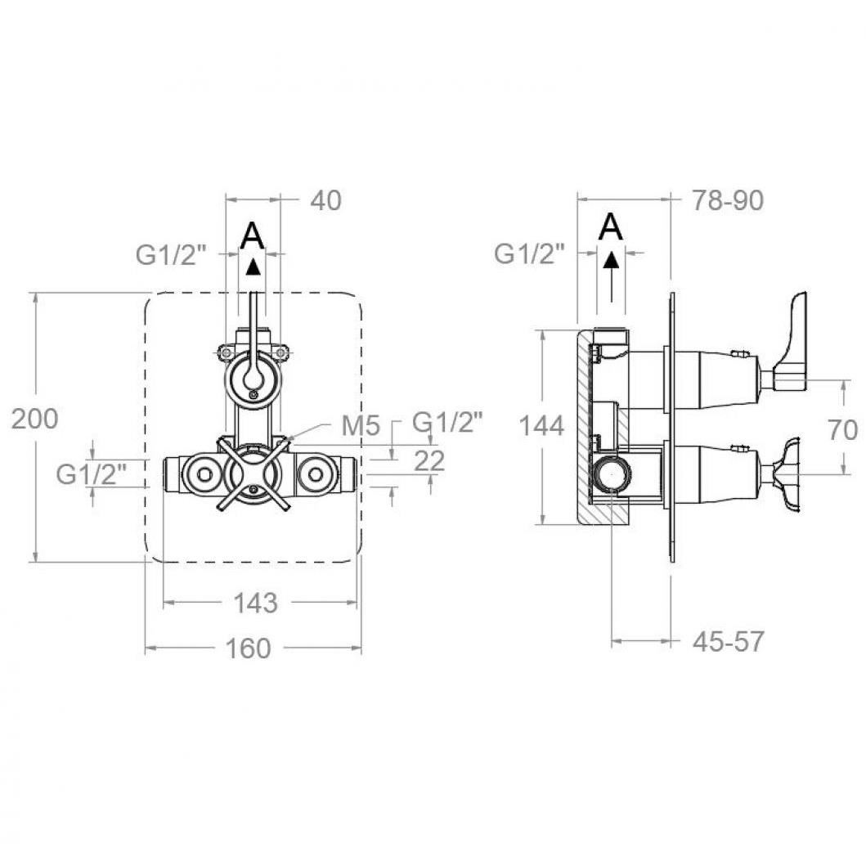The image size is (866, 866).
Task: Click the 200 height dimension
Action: tap(35, 419)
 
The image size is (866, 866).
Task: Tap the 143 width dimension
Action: tap(255, 603)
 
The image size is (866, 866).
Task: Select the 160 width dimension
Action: tap(249, 648)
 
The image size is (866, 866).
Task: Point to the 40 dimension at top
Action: tap(325, 200)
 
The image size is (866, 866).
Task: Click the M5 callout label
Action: tap(361, 425)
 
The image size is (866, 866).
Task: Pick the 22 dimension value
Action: tap(429, 460)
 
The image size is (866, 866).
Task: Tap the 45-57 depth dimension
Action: tap(728, 641)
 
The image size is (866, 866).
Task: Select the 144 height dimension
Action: tap(542, 426)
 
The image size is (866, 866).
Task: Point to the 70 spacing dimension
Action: tap(843, 429)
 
